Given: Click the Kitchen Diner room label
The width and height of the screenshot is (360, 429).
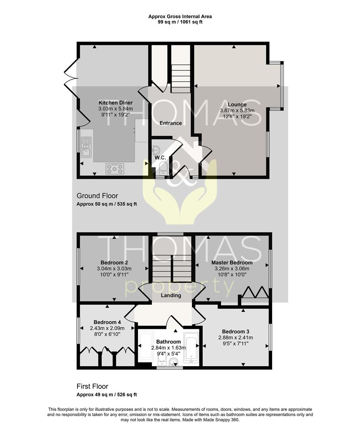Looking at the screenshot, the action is point(116,103).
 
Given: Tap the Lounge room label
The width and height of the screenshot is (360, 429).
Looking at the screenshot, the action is point(237,104).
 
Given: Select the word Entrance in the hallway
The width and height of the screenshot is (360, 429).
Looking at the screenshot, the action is point(170,123).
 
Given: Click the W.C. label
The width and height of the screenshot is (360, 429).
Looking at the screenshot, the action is point(160,158).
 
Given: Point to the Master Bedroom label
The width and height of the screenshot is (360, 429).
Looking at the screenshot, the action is point(232,263).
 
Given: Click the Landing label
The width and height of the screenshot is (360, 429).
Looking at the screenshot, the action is point(171,296).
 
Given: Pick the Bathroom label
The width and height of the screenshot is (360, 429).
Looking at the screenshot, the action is point(168,342).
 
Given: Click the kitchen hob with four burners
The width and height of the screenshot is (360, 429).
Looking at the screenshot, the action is point(115,168).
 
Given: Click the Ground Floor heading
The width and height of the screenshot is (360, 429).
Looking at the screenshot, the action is point(97,196).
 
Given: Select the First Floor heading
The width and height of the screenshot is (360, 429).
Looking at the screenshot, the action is point(92,386).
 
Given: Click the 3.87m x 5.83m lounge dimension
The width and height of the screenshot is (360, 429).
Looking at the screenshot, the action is point(237,110).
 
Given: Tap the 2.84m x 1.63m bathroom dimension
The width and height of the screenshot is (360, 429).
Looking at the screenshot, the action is point(168,348).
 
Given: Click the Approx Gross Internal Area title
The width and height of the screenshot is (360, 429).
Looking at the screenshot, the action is point(180,16).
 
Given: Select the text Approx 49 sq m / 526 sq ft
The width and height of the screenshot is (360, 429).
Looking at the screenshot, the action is point(106,394).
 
